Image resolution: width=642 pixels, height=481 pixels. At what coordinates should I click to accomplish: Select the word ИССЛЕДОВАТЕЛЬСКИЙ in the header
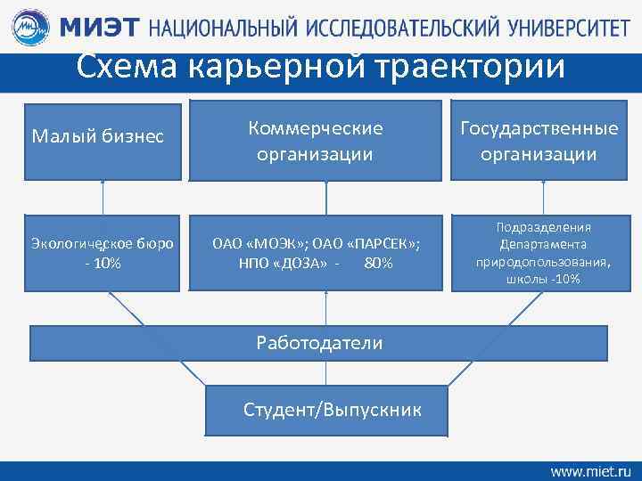pos(402,29)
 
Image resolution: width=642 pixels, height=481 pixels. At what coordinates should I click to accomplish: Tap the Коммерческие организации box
pos(327,141)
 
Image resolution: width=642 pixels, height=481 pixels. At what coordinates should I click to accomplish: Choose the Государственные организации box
pos(539,141)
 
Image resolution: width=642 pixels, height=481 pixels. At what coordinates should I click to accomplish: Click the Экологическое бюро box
pos(103,252)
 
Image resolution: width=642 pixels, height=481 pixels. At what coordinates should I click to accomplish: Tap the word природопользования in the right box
pos(543,263)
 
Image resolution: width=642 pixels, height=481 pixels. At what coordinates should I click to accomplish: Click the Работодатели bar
pos(319,343)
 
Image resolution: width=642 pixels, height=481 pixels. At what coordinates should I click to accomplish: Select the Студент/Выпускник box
pos(326,410)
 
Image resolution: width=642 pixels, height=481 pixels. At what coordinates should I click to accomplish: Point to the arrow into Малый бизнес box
pos(103,196)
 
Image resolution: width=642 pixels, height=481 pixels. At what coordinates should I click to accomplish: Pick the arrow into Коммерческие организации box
pos(326,196)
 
